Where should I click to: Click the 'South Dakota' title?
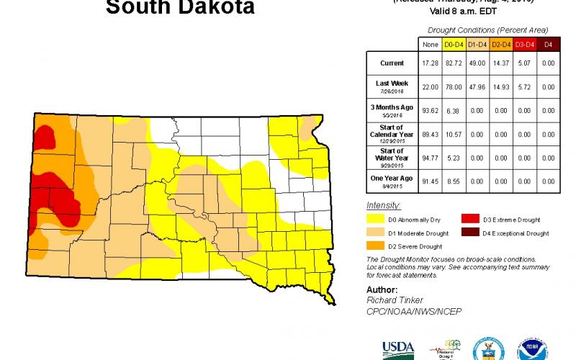click(x=180, y=9)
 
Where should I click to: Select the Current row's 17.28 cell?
click(x=429, y=63)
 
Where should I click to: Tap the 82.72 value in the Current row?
click(x=452, y=63)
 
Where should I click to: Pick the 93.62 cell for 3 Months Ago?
click(x=429, y=110)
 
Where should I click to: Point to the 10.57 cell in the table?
click(x=452, y=133)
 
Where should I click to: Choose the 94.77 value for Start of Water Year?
click(x=429, y=157)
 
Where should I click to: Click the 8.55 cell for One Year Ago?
click(x=452, y=180)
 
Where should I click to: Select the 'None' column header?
click(x=429, y=45)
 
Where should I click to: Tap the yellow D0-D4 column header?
click(x=452, y=45)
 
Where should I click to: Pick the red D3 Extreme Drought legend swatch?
click(x=470, y=220)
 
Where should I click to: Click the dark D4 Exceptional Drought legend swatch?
click(x=470, y=233)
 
